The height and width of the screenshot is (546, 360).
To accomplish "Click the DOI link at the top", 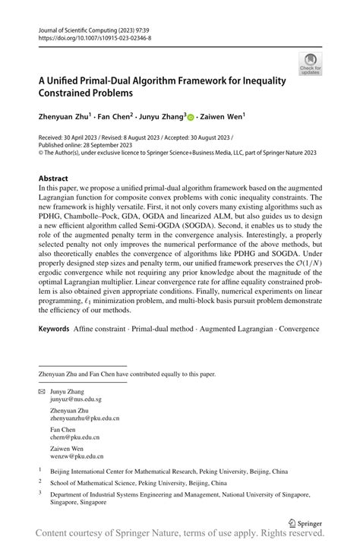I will coord(94,36).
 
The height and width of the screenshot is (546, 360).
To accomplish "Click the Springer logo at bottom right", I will coord(307,522).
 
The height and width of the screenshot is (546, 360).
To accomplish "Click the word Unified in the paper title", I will coord(71,80).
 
